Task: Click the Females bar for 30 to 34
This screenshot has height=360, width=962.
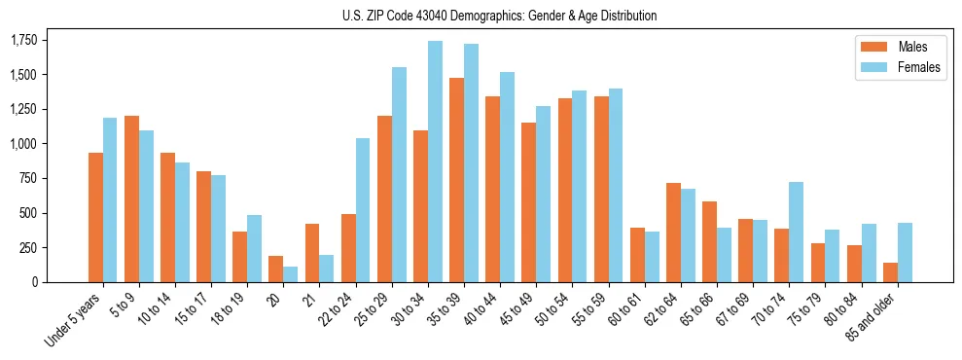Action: click(435, 162)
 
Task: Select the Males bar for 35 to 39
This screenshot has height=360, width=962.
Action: click(456, 180)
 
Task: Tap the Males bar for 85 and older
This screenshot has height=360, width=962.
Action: click(890, 272)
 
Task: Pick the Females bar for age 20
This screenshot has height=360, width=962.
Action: click(291, 274)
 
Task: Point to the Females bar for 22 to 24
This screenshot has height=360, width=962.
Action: click(363, 210)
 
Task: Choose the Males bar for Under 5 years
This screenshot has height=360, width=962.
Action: click(95, 217)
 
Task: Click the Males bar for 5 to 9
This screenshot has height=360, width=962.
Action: click(131, 198)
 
